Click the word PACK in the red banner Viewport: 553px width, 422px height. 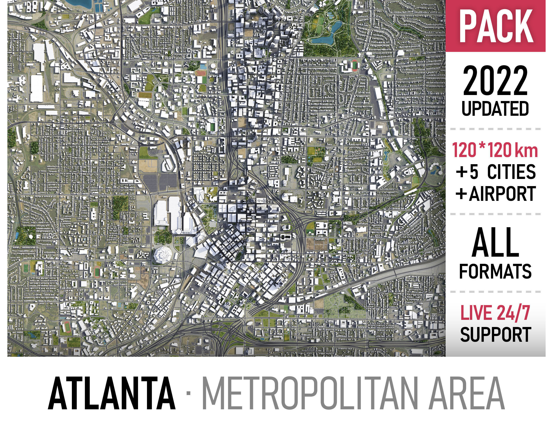tap(496, 26)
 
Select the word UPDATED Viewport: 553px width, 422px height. tap(495, 109)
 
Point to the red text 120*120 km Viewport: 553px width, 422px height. tap(495, 150)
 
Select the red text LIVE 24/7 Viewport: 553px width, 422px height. tap(495, 313)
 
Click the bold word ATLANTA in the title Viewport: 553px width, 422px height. tap(112, 393)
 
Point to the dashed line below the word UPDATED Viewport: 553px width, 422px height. tap(495, 129)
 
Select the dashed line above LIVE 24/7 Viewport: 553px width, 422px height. tap(495, 292)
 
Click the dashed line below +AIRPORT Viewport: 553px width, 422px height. tap(495, 214)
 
